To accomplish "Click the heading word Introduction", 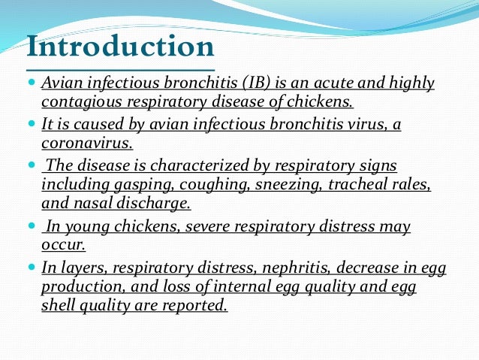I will tap(120, 47).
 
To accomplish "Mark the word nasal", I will tap(91, 203).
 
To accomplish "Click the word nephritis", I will tap(292, 268).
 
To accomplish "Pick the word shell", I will tap(59, 306).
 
